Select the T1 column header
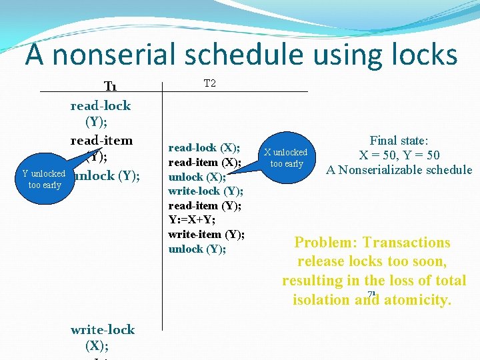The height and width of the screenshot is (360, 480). (111, 87)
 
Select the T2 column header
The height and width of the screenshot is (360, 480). (209, 83)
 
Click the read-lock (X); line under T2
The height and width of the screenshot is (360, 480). (204, 147)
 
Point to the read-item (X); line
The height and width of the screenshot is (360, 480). (204, 162)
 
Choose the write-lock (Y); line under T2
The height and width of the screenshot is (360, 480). (205, 191)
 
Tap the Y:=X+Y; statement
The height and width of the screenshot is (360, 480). (193, 220)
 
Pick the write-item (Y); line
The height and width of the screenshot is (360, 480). (206, 234)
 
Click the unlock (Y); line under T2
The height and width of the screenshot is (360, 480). (197, 249)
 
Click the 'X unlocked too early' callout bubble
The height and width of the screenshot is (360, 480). (286, 158)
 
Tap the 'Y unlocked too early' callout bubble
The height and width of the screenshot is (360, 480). (44, 179)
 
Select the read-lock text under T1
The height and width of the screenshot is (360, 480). (101, 105)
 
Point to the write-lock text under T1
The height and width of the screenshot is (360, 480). (102, 329)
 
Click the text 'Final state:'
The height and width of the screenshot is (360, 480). (399, 141)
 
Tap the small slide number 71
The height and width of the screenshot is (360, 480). (371, 295)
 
